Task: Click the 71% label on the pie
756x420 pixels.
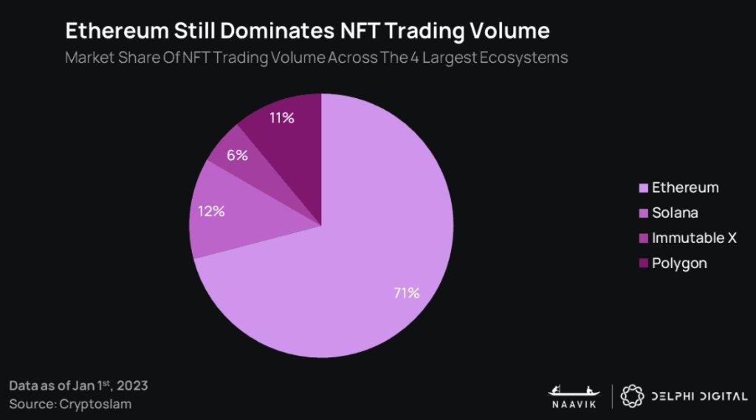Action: click(407, 293)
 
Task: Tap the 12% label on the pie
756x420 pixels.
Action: click(211, 211)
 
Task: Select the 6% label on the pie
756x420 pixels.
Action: click(237, 155)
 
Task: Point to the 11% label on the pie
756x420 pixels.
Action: click(281, 117)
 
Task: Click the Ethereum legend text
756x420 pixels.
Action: click(685, 187)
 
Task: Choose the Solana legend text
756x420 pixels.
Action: click(675, 213)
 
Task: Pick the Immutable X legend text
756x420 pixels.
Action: click(694, 238)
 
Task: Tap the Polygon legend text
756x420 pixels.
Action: click(679, 264)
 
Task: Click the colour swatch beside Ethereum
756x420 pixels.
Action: click(641, 188)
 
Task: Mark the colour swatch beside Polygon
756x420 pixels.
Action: click(641, 264)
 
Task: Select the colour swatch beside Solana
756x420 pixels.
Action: click(641, 213)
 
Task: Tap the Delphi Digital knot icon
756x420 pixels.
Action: click(632, 396)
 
